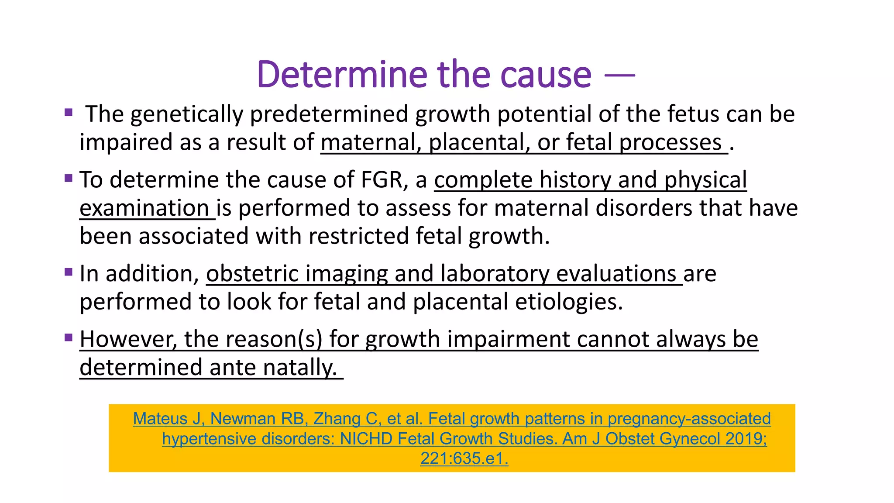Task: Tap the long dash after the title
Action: (x=619, y=76)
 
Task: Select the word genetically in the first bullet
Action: (x=186, y=114)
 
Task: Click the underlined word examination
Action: (x=144, y=208)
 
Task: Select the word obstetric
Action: (x=252, y=274)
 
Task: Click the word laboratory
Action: (x=495, y=274)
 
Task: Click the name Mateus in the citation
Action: (x=160, y=419)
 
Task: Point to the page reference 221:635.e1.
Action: (x=464, y=459)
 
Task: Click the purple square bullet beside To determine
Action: (x=68, y=178)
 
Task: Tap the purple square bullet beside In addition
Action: (x=68, y=272)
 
